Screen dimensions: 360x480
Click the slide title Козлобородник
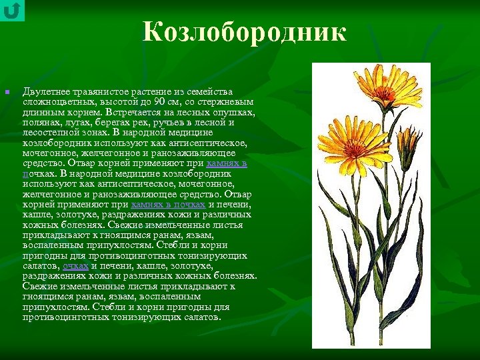pos(244,33)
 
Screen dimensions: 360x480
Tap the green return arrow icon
pos(12,10)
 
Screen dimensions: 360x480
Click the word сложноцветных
pos(58,101)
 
